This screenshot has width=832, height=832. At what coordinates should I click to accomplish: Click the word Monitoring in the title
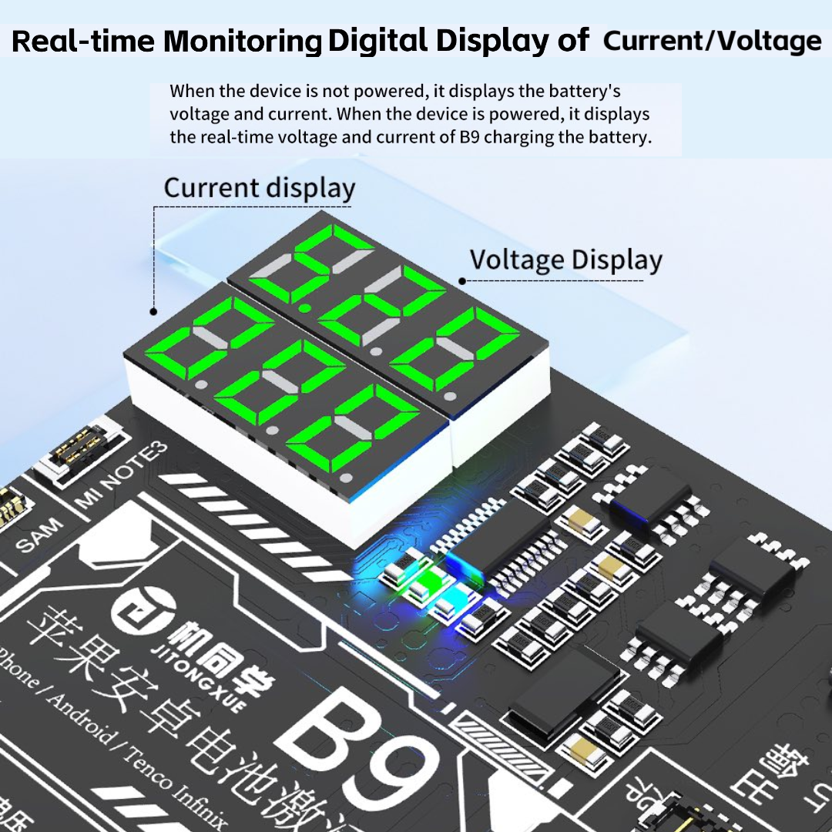[242, 42]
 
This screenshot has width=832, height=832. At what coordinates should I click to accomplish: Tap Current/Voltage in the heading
[712, 41]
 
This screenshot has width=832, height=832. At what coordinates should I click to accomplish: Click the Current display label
[260, 189]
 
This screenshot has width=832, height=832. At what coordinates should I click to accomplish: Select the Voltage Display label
[565, 260]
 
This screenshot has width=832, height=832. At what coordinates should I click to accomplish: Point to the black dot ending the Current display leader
[154, 312]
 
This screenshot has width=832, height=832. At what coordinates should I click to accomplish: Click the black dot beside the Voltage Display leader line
[462, 280]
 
